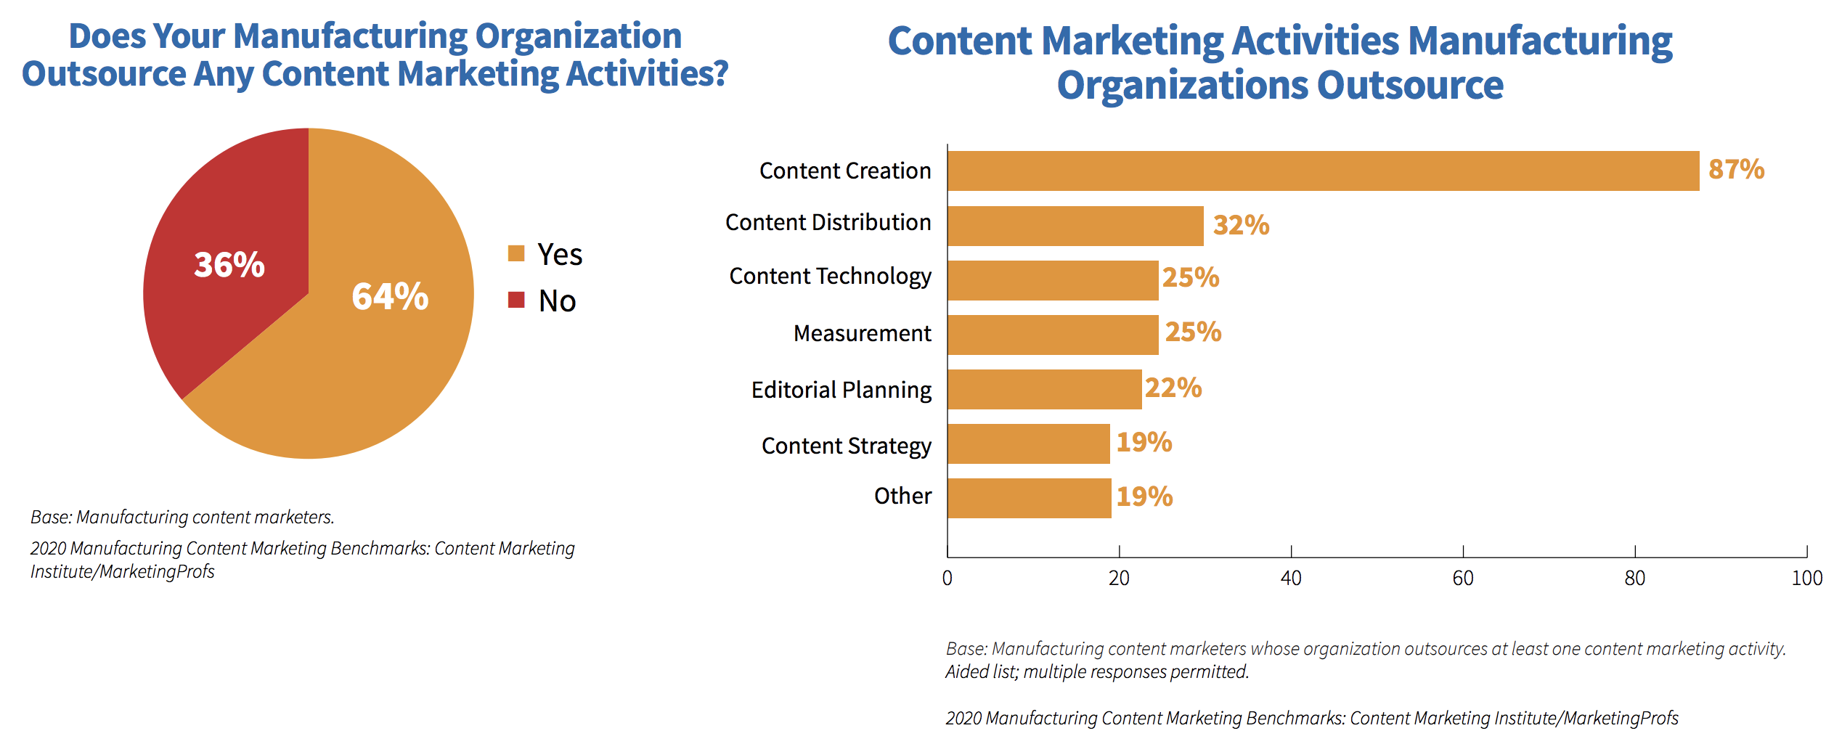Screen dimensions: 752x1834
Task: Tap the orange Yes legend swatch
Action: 516,253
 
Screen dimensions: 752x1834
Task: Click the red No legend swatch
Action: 516,300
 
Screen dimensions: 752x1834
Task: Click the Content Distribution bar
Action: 1075,226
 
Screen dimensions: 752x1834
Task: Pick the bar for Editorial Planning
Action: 1044,389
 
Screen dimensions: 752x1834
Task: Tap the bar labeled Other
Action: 1029,498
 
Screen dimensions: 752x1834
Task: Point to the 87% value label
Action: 1736,170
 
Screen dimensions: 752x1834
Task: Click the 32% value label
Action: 1241,226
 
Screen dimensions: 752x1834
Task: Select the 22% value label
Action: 1173,388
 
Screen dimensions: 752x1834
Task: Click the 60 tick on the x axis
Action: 1463,579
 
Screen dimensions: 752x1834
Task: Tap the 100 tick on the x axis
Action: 1806,579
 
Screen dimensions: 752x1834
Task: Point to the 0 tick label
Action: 947,579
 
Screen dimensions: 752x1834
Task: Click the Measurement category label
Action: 862,333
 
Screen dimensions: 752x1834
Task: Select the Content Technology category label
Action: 830,277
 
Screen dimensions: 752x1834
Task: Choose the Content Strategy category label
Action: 846,446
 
